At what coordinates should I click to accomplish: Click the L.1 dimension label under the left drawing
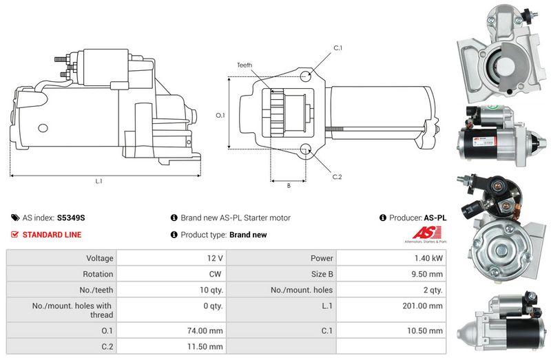(x=98, y=182)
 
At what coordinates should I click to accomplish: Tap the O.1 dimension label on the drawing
(x=220, y=115)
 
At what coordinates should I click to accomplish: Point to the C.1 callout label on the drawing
(x=337, y=47)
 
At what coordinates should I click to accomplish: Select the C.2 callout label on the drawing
(x=337, y=177)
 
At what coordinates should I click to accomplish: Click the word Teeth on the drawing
(x=245, y=65)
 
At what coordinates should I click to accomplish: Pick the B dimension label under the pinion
(x=288, y=185)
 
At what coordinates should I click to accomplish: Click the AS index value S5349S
(x=71, y=218)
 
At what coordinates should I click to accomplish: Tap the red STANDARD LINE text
(x=52, y=235)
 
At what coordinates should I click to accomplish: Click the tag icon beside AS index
(x=15, y=218)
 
